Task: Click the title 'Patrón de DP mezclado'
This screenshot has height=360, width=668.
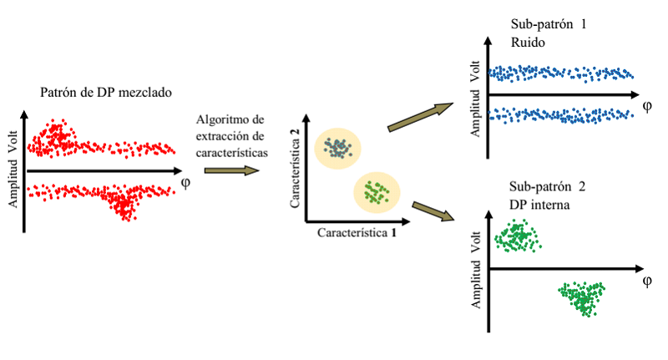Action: (106, 93)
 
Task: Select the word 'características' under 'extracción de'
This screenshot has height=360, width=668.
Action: (232, 153)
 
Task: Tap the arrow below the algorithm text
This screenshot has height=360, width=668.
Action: (232, 171)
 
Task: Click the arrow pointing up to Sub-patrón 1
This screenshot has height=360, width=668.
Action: (421, 117)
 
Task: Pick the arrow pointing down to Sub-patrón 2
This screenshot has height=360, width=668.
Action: (433, 211)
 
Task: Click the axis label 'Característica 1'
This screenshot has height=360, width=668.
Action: (357, 232)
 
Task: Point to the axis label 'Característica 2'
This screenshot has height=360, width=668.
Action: (295, 168)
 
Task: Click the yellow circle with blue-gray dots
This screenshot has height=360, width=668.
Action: (338, 149)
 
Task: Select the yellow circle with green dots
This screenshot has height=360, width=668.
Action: (377, 193)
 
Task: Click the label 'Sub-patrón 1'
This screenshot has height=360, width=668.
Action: (549, 24)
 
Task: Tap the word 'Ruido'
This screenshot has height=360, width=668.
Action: (528, 42)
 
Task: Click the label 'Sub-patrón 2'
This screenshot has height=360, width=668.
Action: (548, 186)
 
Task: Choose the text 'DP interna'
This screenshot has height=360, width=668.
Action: (539, 205)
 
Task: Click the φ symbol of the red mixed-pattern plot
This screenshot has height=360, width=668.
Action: (185, 183)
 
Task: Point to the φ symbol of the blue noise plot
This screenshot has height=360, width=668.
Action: (646, 106)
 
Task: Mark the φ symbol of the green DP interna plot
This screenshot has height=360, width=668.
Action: (646, 281)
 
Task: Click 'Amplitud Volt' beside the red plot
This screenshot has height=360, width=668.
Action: (13, 169)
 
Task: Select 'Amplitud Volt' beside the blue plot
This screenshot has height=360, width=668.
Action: (475, 99)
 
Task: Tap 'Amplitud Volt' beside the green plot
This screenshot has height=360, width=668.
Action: (475, 270)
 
